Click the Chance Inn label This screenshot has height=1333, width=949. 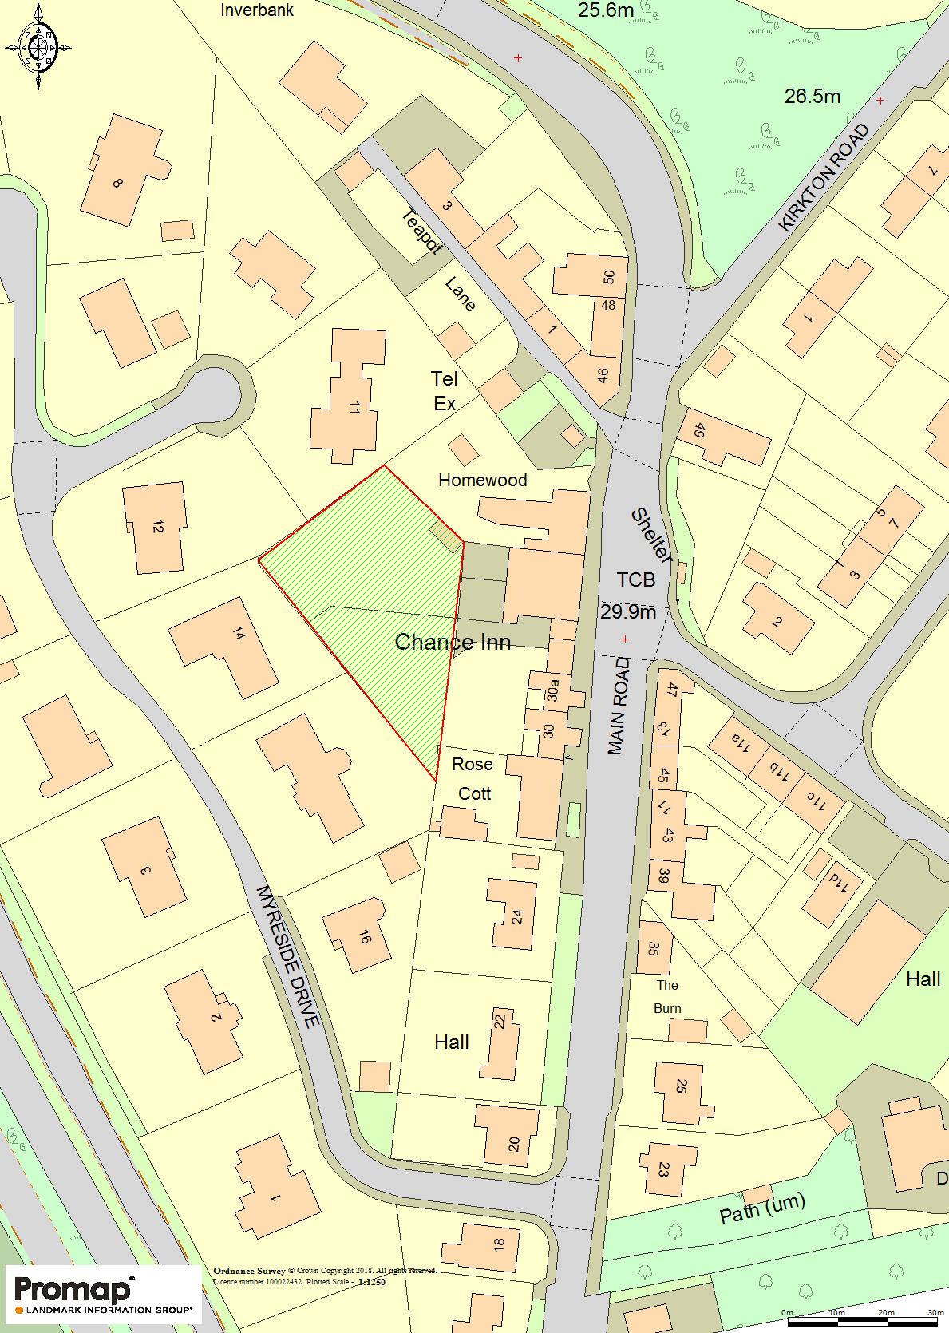coord(453,642)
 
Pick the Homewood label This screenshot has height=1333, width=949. coord(483,480)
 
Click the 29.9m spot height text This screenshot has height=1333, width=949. coord(627,611)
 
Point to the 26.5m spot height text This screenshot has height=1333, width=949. coord(812,97)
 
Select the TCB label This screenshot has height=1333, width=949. coord(635,579)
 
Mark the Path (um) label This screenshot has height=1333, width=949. coord(762,1210)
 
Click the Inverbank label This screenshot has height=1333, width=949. coord(257,10)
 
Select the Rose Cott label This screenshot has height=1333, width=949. coord(473,778)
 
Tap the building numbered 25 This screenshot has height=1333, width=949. coord(681,1086)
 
